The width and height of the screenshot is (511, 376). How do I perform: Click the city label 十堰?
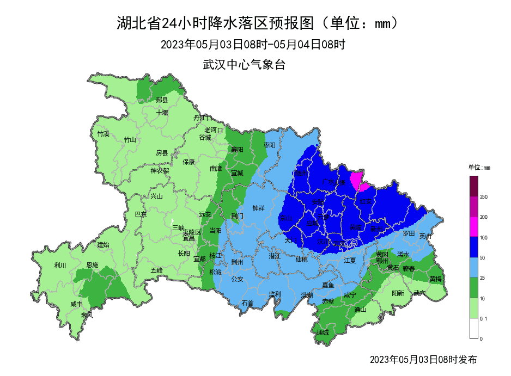point(162,113)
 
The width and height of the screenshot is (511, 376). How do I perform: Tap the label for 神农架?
point(160,170)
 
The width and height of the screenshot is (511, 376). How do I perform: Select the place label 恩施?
point(93,265)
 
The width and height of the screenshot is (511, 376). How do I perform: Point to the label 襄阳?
point(236,149)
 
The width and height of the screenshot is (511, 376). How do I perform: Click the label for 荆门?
point(237,215)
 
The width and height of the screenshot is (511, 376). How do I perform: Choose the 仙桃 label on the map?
point(301,260)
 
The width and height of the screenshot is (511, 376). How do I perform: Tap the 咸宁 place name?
point(350,294)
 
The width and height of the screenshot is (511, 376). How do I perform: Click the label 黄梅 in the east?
point(435,279)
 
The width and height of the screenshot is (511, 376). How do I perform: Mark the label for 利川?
point(60,265)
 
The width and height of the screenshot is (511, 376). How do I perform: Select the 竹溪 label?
point(103,134)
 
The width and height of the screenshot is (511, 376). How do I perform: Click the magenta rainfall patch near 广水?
point(357,180)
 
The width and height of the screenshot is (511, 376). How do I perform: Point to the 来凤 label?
point(87,315)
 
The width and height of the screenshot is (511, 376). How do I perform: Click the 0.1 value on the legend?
point(483,318)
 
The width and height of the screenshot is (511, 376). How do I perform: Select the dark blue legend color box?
point(473,246)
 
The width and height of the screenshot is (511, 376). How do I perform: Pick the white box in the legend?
point(473,328)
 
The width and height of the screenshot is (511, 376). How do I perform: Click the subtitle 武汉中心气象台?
point(244,65)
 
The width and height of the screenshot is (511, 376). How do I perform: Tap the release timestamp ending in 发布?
point(423,360)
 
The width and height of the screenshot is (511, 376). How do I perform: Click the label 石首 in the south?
point(247,303)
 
